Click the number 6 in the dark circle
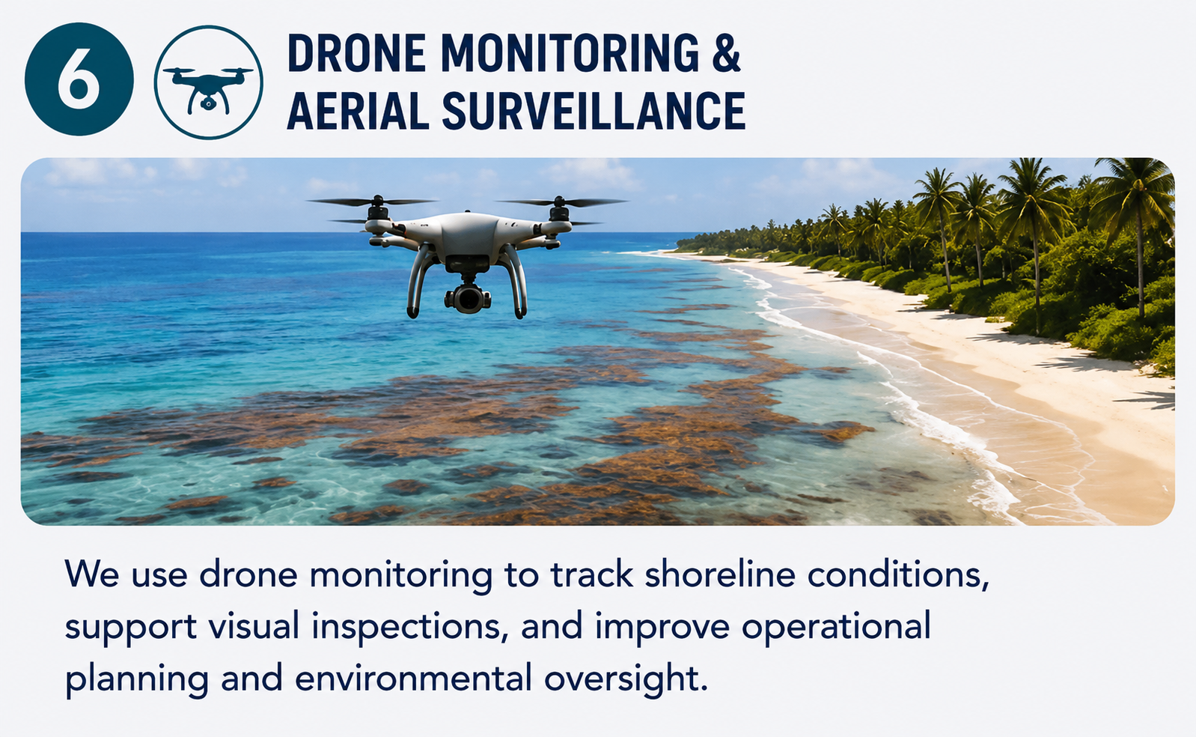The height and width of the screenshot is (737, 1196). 79,79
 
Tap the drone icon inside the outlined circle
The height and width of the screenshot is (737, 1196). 208,88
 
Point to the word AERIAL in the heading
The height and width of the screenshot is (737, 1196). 358,110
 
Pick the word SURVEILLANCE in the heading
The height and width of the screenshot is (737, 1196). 594,110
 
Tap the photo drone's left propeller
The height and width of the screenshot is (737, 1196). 373,202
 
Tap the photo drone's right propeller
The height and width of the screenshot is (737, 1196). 561,202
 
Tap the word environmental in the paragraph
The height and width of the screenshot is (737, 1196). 413,678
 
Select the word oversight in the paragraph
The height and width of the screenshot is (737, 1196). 626,679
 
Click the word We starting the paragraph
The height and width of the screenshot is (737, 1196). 92,575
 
